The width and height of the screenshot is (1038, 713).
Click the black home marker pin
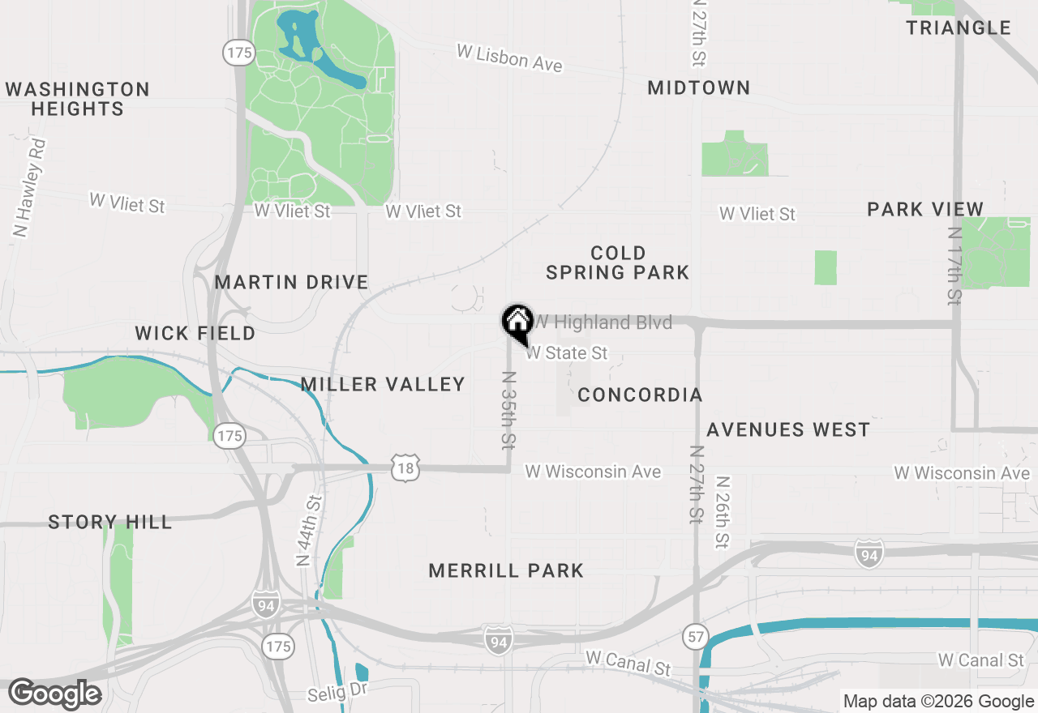pos(517,322)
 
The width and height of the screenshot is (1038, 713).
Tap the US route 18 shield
pos(405,468)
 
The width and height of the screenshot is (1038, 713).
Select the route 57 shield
pos(695,635)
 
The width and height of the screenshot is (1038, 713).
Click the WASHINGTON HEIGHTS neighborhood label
pos(78,99)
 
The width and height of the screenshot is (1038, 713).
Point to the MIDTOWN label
pos(699,88)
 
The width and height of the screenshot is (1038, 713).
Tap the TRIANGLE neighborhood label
pos(959,28)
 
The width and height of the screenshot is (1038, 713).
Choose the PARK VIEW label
pos(925,209)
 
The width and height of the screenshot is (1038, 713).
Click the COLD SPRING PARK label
pos(618,263)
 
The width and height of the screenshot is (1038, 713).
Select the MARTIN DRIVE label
pos(292,282)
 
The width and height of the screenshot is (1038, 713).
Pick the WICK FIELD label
pos(195,333)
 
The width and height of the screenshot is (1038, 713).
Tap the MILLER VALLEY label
pos(383,384)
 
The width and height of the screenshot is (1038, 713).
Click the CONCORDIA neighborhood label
pos(640,395)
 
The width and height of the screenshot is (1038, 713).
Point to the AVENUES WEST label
pos(788,429)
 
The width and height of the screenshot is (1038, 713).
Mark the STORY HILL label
pos(110,522)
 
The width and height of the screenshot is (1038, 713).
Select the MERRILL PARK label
pos(506,570)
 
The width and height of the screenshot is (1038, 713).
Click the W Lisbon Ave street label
pos(509,58)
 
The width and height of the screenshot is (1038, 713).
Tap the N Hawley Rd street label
pos(30,188)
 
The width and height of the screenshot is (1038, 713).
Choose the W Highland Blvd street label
pos(603,322)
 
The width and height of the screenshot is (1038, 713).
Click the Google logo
pos(55,694)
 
